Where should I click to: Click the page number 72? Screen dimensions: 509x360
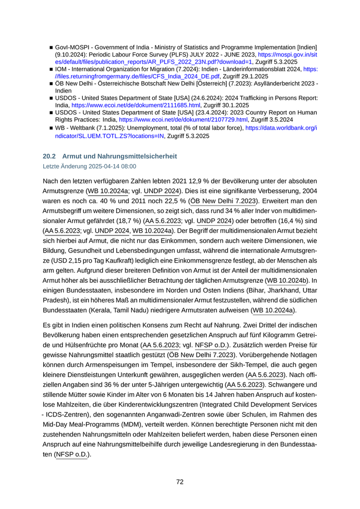tap(180, 482)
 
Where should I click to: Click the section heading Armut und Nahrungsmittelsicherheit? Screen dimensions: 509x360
tap(119, 156)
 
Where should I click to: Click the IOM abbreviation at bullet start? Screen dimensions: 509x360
tap(62, 68)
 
